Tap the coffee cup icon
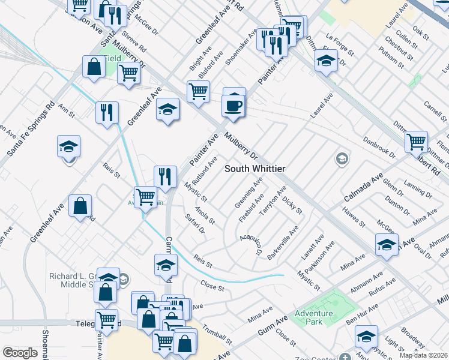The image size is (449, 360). click(x=234, y=106)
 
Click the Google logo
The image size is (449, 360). click(x=20, y=353)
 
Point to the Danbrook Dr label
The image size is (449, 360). click(x=379, y=148)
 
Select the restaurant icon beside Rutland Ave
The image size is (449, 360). click(x=164, y=176)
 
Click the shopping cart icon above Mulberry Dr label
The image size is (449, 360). click(x=198, y=92)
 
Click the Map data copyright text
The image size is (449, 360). click(x=424, y=355)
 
